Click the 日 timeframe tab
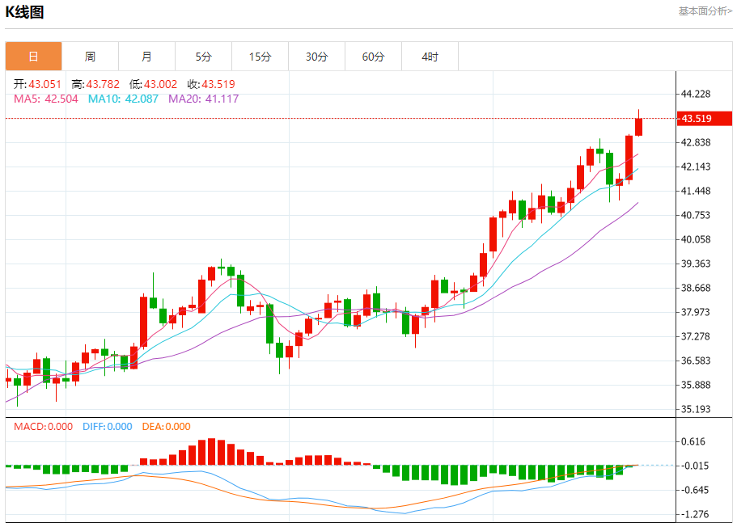click(x=33, y=57)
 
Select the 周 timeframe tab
click(x=90, y=57)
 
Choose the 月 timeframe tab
click(x=146, y=57)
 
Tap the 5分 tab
click(x=203, y=57)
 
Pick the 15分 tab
click(x=260, y=57)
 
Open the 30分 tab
click(x=316, y=57)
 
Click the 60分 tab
click(x=373, y=57)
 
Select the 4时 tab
click(x=430, y=57)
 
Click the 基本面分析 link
click(x=705, y=11)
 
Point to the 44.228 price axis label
click(x=696, y=94)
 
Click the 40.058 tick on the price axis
click(x=696, y=239)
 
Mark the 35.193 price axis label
click(x=696, y=409)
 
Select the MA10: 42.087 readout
click(x=124, y=99)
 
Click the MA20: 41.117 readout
click(x=203, y=99)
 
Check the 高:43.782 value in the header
click(x=95, y=84)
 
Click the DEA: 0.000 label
click(x=166, y=427)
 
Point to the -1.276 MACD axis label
click(x=696, y=514)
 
